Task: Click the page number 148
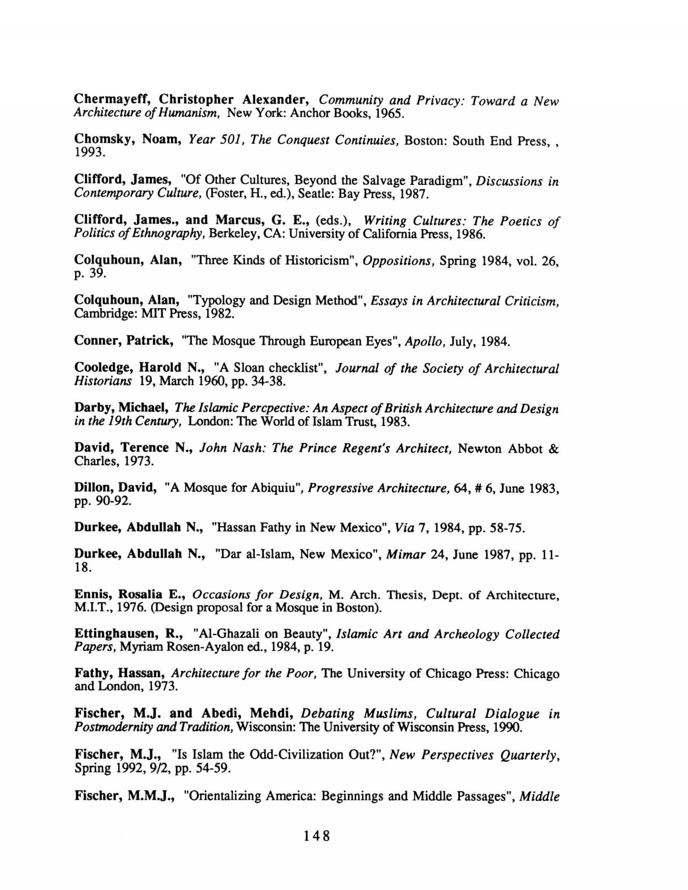pyautogui.click(x=316, y=836)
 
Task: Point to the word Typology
pyautogui.click(x=220, y=301)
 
